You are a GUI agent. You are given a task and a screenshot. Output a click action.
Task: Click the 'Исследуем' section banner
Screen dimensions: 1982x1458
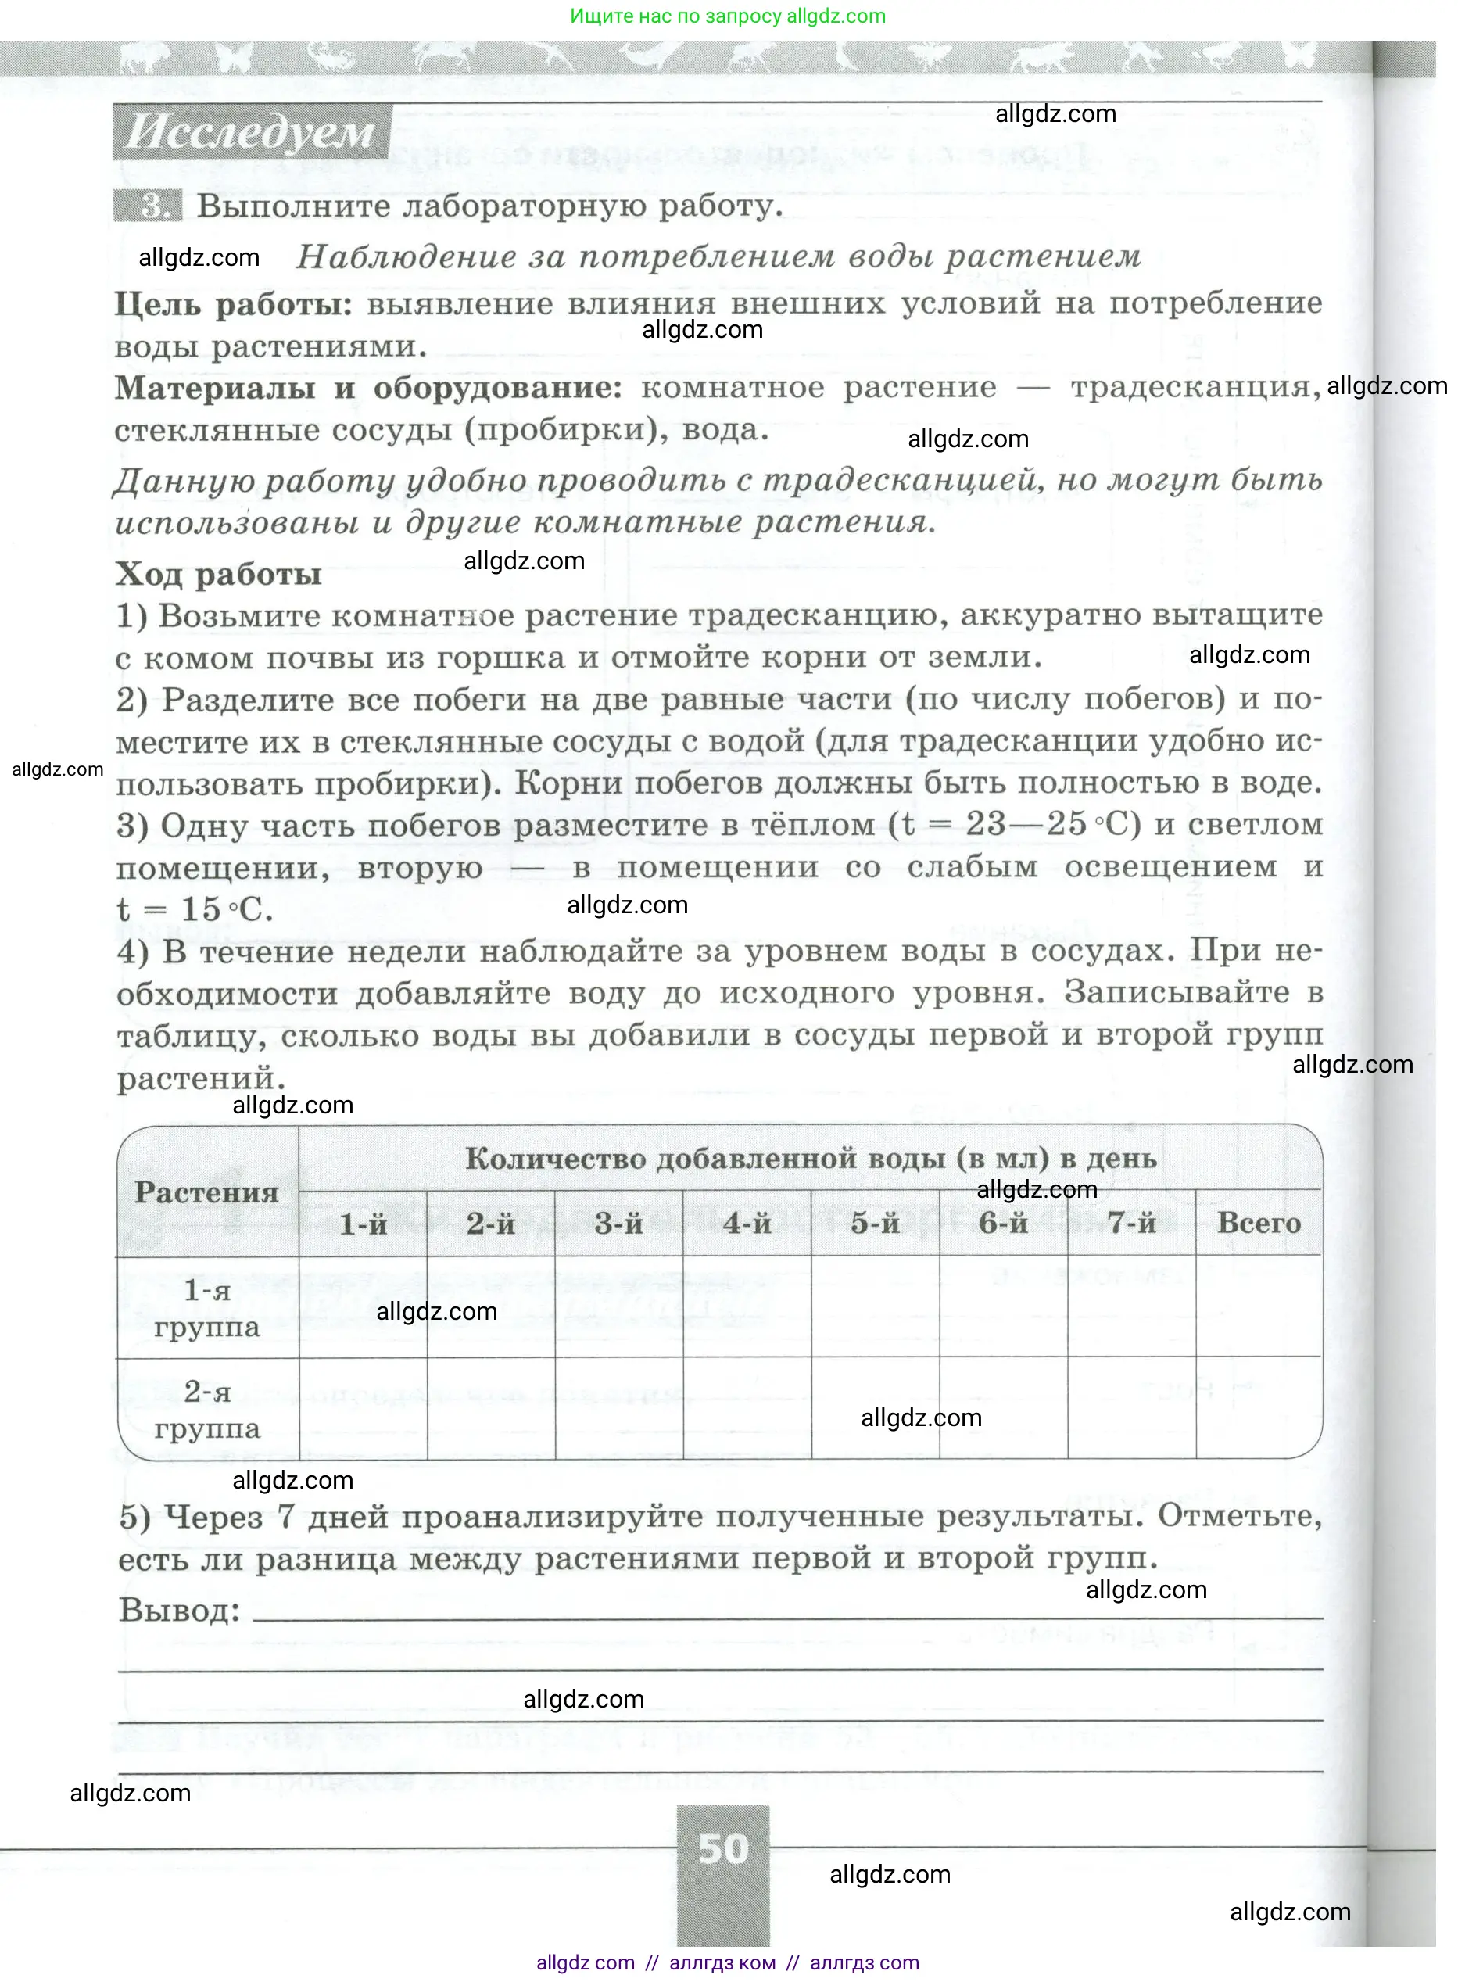click(251, 132)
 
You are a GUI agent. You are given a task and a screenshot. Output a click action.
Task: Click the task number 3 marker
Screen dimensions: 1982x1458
click(150, 206)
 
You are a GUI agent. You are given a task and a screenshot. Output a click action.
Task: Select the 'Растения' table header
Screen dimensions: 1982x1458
click(206, 1192)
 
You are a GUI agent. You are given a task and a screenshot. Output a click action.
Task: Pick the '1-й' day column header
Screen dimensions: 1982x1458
click(363, 1223)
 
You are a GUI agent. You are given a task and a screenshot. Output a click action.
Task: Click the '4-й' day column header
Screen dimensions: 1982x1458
click(747, 1223)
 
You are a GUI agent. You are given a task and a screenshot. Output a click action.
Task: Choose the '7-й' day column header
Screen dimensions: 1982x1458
click(1131, 1223)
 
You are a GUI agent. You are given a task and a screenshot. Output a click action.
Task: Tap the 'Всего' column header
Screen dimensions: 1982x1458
click(1259, 1223)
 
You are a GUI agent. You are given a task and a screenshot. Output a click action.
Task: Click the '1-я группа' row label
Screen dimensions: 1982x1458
click(206, 1308)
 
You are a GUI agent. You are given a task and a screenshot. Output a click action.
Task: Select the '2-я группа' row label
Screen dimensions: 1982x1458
click(206, 1409)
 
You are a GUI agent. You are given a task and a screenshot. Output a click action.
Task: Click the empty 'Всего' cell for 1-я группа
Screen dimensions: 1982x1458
click(1259, 1307)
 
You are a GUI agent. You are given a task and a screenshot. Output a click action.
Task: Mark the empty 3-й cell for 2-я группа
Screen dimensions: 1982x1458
click(618, 1408)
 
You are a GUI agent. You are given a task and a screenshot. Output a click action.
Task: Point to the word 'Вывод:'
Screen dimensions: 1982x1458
click(179, 1611)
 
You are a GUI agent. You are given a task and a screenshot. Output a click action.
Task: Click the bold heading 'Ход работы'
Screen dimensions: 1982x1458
click(218, 575)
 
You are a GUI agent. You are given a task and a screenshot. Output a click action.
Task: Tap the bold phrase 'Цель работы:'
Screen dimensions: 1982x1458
click(233, 304)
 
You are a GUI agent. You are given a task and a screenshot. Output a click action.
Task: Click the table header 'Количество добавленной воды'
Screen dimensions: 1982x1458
click(706, 1158)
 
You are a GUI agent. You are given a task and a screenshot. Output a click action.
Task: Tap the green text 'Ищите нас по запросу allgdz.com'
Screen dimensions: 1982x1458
click(727, 16)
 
